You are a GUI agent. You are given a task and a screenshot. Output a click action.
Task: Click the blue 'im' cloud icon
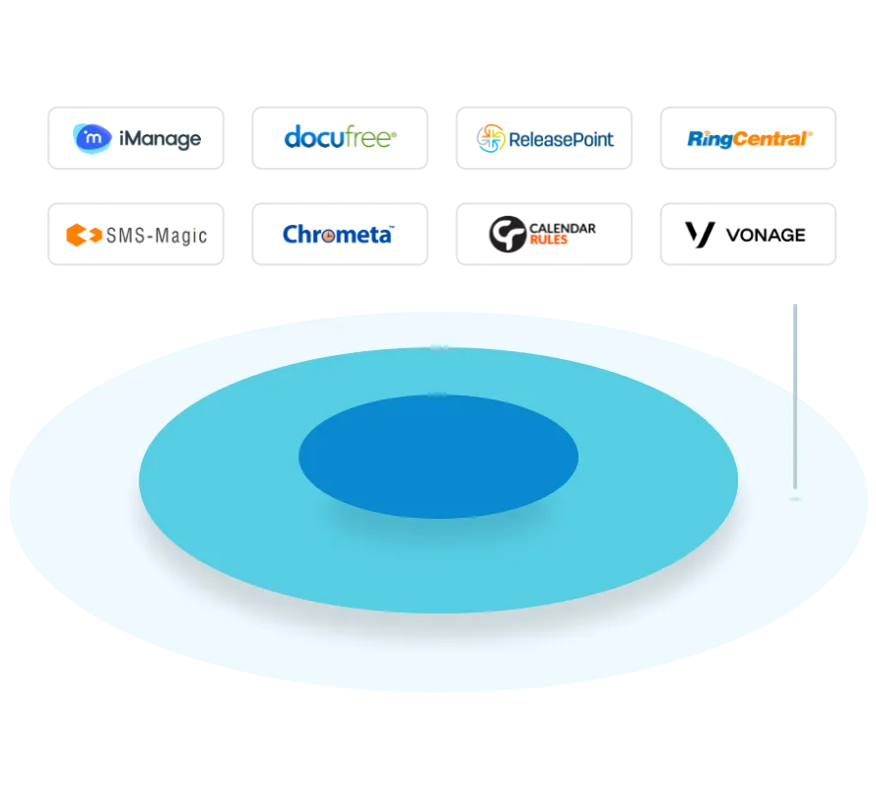tap(93, 138)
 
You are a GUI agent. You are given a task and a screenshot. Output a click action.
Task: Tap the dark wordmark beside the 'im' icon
tap(162, 140)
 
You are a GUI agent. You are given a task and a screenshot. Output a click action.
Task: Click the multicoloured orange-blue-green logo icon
tap(491, 138)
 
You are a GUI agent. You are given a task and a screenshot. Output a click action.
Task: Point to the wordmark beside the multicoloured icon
tap(561, 139)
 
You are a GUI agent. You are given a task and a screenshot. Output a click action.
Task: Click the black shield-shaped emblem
tap(507, 236)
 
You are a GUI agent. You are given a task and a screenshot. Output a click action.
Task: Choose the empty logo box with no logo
tap(749, 233)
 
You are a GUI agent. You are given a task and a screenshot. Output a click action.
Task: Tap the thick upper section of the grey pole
tap(795, 345)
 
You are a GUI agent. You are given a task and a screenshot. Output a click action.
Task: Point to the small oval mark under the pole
tap(795, 499)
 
